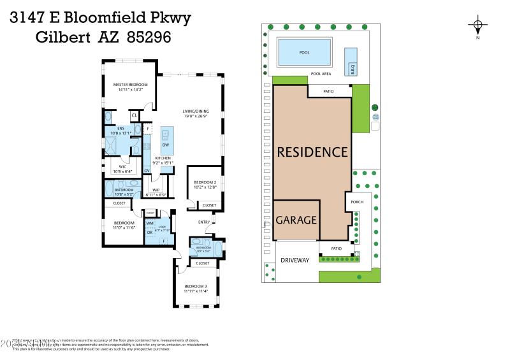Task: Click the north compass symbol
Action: point(477,26)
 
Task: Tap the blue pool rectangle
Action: point(305,51)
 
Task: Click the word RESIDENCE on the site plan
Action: point(312,152)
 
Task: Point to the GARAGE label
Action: point(296,220)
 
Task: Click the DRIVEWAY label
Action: point(295,260)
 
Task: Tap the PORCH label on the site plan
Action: point(356,203)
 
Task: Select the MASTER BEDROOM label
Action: point(130,85)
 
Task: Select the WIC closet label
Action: point(122,167)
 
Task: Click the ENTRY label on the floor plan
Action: point(204,222)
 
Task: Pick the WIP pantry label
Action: point(156,189)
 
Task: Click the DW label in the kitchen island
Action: point(164,145)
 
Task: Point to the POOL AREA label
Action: point(321,74)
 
